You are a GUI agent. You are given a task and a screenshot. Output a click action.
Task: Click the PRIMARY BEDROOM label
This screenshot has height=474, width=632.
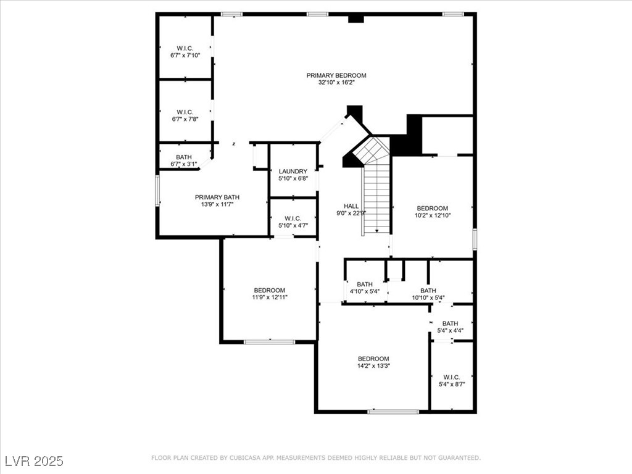tap(336, 75)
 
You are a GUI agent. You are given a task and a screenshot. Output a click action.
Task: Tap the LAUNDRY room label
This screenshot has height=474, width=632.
tap(293, 172)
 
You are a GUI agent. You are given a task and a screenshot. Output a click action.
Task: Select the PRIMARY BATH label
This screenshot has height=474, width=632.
tap(217, 197)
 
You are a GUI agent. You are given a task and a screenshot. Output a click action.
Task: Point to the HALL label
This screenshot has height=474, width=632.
tap(351, 206)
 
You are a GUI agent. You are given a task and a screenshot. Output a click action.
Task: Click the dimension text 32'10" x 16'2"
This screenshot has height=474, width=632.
tap(336, 83)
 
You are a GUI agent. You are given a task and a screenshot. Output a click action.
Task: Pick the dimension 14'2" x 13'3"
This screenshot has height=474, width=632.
tap(373, 366)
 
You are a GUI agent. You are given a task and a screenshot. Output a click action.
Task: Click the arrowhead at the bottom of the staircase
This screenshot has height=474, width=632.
tap(377, 231)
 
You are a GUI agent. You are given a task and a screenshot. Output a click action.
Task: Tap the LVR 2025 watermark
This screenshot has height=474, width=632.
tap(35, 460)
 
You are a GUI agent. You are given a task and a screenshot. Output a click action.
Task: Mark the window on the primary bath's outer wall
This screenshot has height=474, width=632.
tap(158, 191)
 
